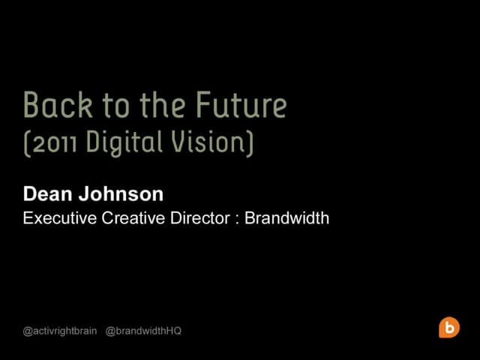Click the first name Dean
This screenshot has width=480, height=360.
tap(45, 195)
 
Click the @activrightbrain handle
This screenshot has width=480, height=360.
tap(60, 331)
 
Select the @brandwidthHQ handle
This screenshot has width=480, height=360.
tap(143, 331)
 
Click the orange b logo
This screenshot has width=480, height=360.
tap(449, 328)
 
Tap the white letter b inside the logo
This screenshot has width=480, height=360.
tap(449, 328)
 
